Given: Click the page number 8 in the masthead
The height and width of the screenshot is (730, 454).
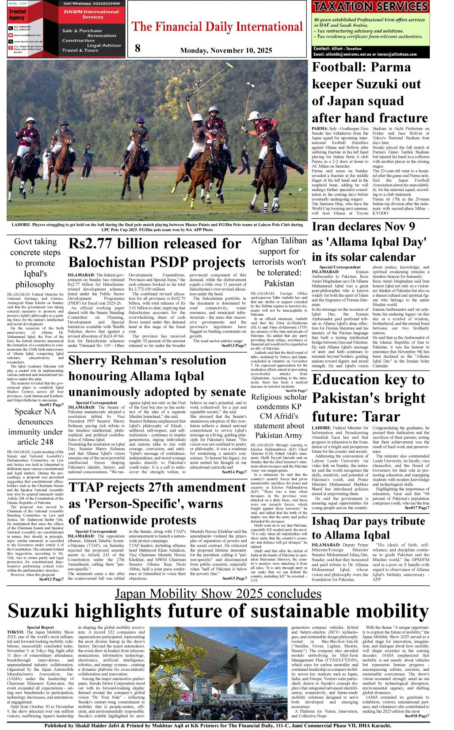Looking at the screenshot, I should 137,48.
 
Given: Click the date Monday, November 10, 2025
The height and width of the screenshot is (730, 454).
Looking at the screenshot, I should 226,50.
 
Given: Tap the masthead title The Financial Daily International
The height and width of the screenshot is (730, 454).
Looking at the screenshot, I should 217,27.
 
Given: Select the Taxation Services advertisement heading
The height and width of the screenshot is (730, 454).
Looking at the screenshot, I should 370,7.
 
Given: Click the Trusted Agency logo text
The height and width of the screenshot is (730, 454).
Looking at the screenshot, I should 17,15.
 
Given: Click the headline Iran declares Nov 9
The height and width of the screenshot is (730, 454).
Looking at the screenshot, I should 363,227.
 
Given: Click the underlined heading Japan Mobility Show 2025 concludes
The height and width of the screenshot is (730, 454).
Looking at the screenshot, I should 218,593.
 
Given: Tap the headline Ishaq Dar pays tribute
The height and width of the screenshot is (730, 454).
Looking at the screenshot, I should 368,521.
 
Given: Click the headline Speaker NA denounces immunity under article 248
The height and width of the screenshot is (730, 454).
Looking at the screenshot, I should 35,427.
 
